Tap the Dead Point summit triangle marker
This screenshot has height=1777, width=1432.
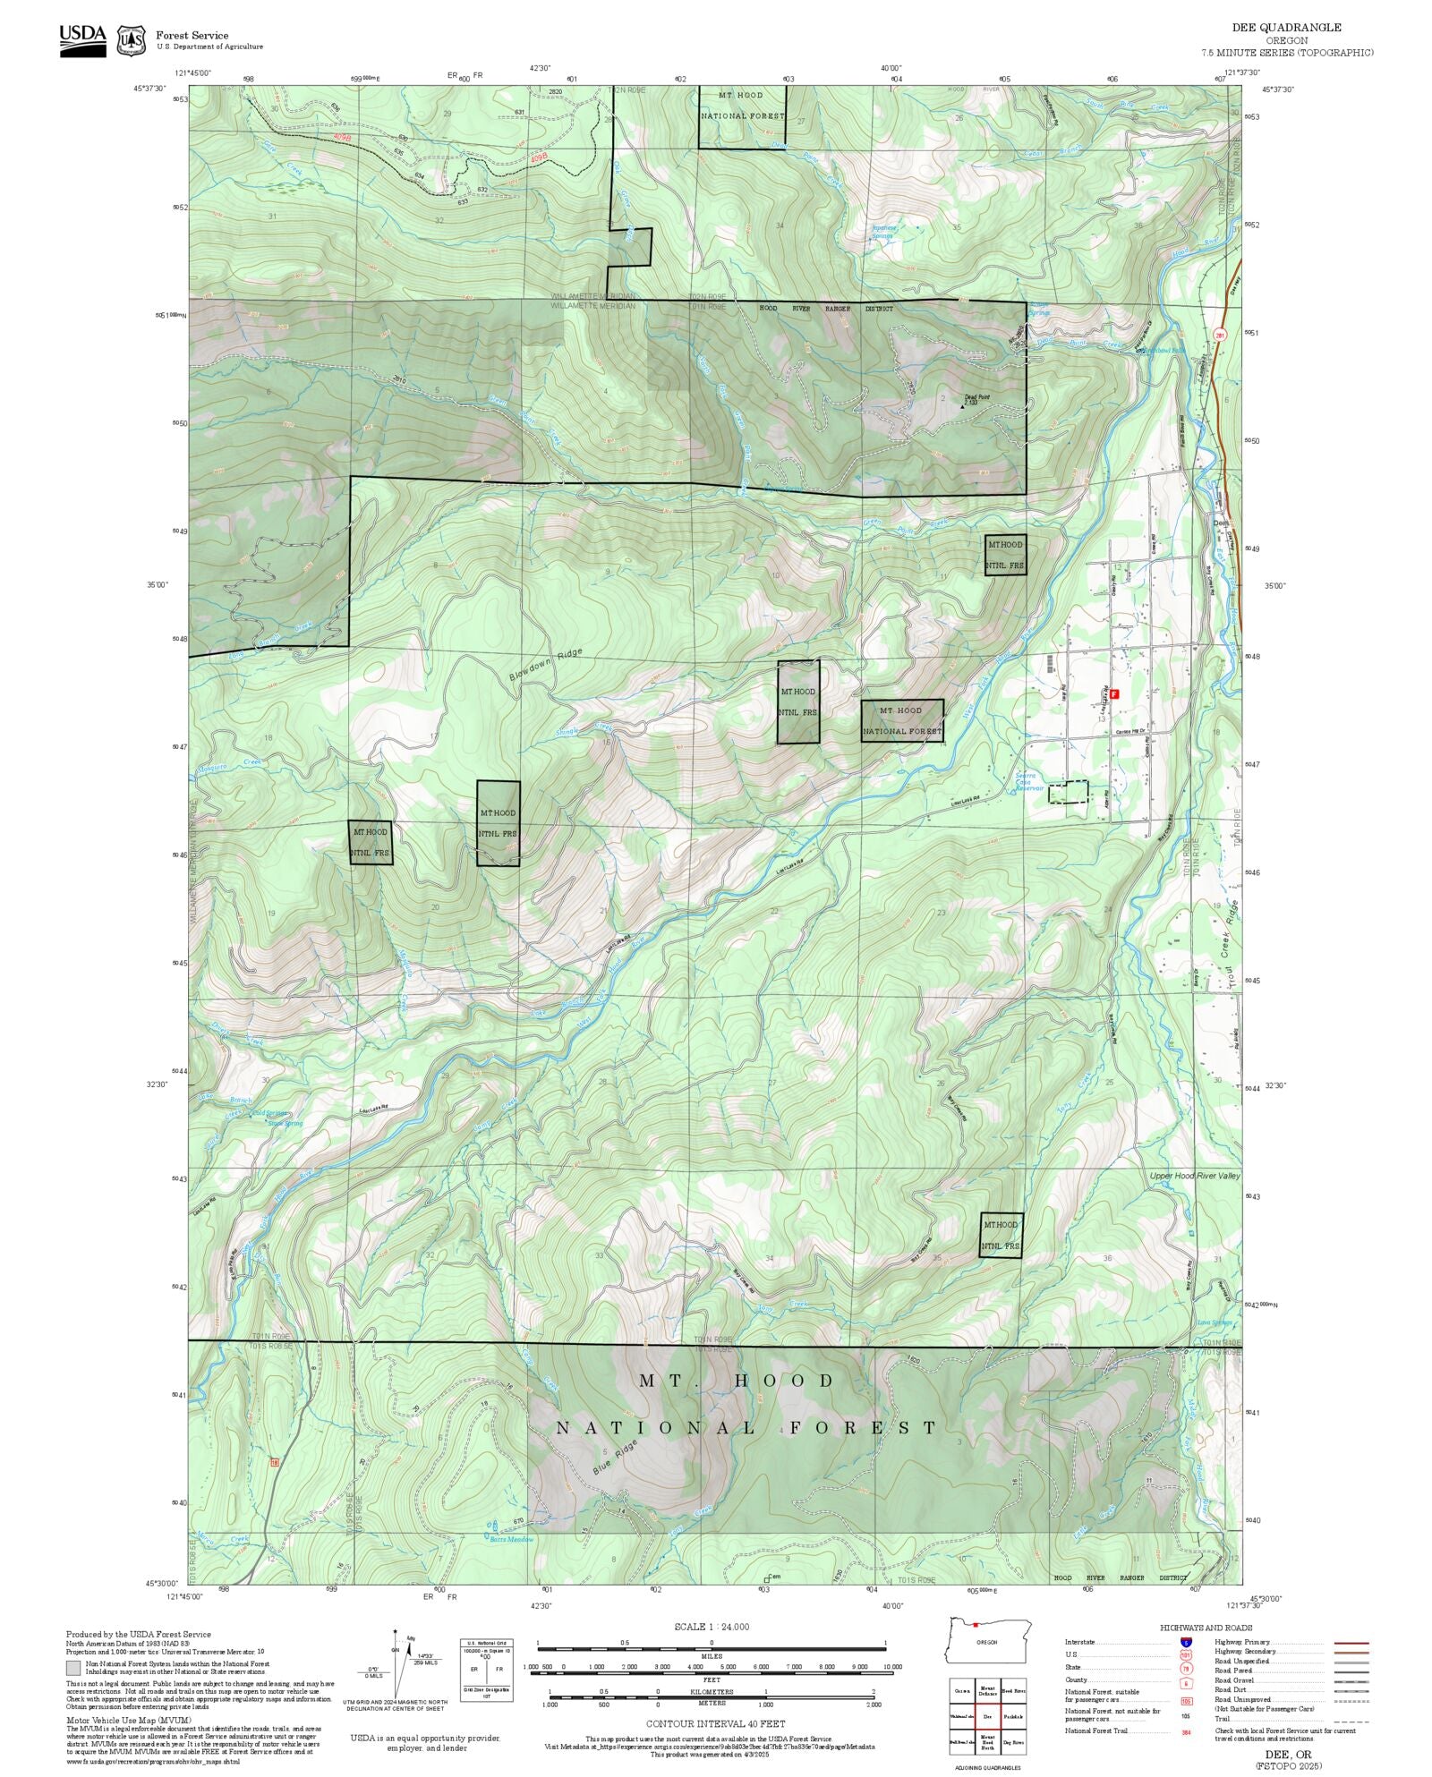963,406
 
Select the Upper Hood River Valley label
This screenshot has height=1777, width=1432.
1195,1175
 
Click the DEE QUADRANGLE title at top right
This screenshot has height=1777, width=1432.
1286,28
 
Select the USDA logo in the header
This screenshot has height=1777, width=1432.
82,39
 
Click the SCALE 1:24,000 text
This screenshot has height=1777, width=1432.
712,1626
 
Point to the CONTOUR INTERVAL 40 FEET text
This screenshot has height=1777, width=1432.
716,1722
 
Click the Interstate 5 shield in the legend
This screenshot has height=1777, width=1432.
1185,1643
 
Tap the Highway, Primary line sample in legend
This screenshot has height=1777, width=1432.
1351,1643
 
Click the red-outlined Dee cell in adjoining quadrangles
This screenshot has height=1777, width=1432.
987,1717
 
